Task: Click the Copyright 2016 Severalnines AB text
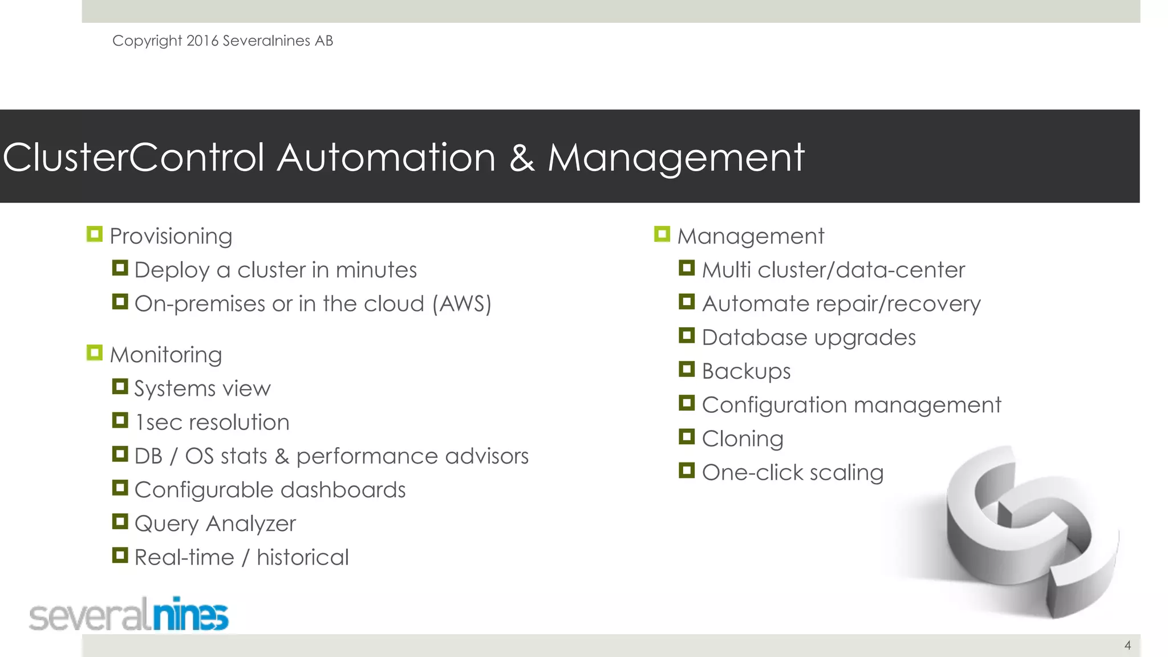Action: [x=222, y=41]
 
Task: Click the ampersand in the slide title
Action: [x=522, y=158]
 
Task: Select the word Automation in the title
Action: [x=386, y=157]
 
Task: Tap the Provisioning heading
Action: [x=171, y=236]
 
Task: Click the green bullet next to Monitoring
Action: [x=95, y=353]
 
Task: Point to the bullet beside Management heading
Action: [x=662, y=234]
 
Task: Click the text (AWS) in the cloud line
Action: [x=462, y=303]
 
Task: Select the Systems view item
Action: [x=202, y=388]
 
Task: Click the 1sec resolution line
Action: [x=212, y=423]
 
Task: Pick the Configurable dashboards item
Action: [x=270, y=490]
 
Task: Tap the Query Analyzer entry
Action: [x=215, y=524]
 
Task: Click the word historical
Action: [x=302, y=557]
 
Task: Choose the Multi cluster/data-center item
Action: [x=833, y=270]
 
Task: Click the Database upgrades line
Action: [x=808, y=338]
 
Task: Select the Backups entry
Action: [x=746, y=371]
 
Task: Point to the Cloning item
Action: [x=742, y=439]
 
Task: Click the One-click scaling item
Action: [x=792, y=473]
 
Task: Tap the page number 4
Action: [x=1128, y=645]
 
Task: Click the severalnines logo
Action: [x=129, y=615]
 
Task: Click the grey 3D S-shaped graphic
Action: [x=1027, y=536]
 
